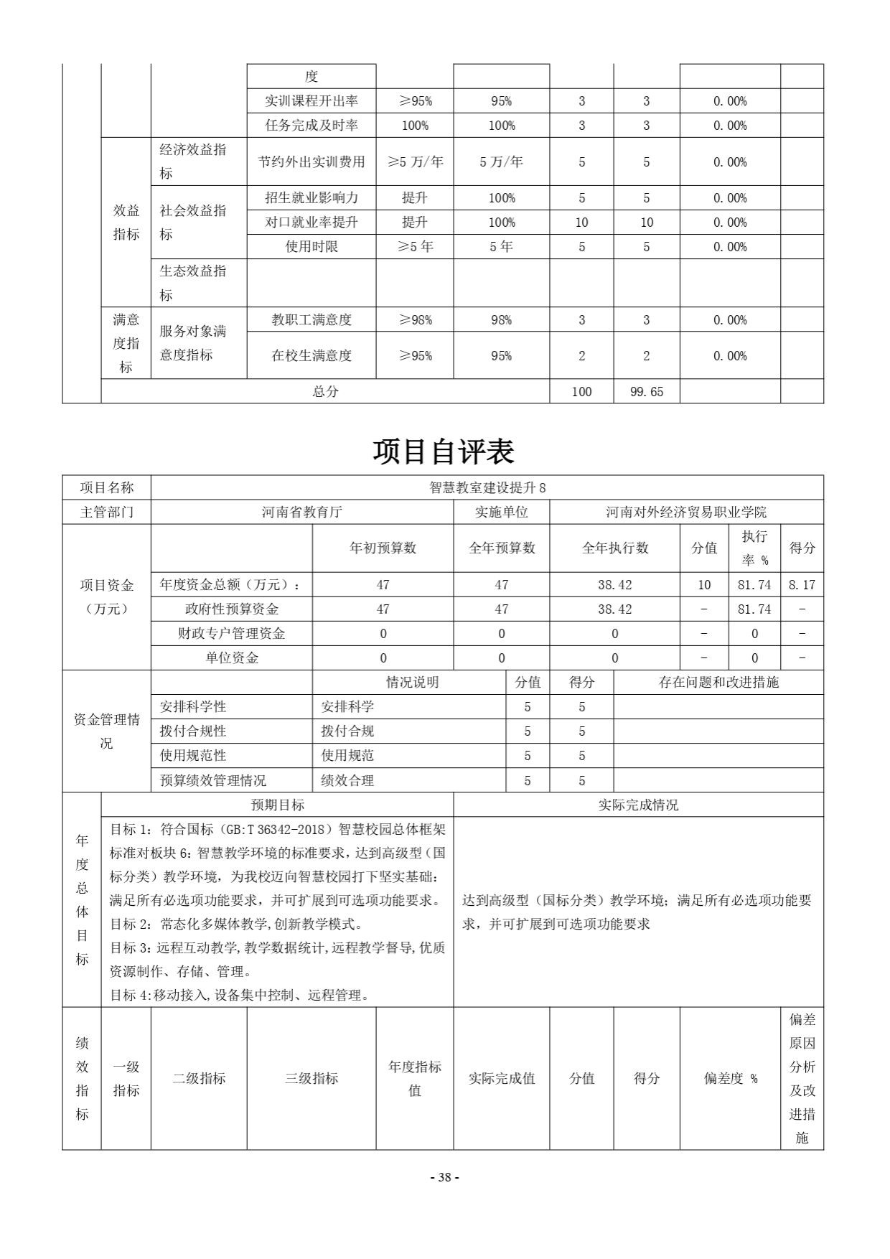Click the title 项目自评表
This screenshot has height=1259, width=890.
444,451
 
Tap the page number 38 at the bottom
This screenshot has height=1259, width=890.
444,1177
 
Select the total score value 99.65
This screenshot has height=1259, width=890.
646,392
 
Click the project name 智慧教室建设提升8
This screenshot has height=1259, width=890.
487,488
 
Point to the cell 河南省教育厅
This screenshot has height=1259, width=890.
301,513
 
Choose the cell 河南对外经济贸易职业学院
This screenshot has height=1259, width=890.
686,513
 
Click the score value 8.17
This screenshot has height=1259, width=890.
802,585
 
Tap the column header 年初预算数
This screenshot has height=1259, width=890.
383,548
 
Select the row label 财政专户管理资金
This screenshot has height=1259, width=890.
231,634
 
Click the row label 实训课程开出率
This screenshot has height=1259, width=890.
311,101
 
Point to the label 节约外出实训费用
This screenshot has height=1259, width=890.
311,162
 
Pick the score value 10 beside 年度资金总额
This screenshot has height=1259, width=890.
704,585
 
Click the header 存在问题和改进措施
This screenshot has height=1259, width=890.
718,683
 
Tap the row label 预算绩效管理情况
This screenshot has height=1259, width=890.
212,781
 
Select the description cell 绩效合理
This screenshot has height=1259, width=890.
347,781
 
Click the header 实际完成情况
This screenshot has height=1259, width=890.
638,805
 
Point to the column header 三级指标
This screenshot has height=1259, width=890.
311,1078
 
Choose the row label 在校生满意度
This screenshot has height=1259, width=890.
311,356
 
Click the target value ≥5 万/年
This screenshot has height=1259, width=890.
415,162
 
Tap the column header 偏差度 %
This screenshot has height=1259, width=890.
730,1078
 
